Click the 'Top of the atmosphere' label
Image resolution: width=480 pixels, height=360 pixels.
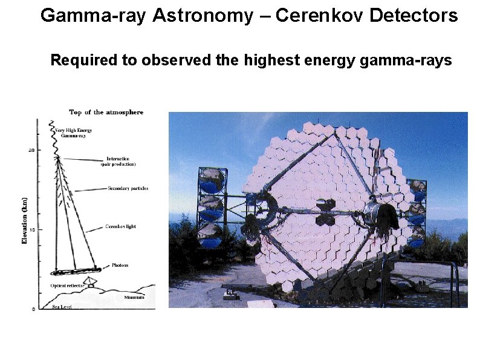[106, 113]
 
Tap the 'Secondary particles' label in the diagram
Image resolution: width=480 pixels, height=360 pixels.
[128, 189]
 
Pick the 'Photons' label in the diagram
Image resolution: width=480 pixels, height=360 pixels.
[120, 266]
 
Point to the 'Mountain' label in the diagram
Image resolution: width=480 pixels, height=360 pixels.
[134, 297]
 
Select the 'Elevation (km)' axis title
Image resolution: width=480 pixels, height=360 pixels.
[25, 220]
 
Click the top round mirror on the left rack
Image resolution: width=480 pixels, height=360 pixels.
[212, 180]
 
